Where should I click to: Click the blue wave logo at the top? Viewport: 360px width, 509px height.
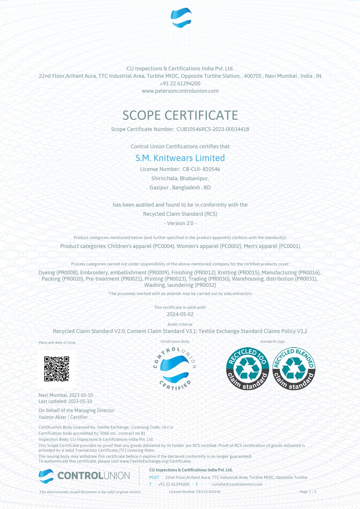[x=181, y=18]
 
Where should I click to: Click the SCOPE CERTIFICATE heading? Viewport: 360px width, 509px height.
[x=180, y=115]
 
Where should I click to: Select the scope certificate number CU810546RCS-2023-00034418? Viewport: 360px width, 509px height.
[x=212, y=129]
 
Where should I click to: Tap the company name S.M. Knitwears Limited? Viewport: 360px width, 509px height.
[x=180, y=158]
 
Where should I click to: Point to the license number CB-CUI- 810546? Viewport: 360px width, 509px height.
[x=201, y=169]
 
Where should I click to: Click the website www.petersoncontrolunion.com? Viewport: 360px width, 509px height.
[x=180, y=91]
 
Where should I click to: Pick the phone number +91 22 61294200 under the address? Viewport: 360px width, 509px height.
[x=180, y=83]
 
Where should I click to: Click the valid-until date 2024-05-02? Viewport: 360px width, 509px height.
[x=180, y=314]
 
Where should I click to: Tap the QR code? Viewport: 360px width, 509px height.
[x=57, y=369]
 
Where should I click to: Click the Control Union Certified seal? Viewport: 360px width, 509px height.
[x=175, y=369]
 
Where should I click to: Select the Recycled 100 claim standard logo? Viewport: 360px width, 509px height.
[x=247, y=369]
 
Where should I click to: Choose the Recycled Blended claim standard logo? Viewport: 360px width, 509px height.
[x=294, y=369]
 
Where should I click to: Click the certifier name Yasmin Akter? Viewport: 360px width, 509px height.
[x=53, y=417]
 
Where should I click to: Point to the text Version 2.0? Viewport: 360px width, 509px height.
[x=180, y=223]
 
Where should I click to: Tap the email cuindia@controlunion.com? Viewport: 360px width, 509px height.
[x=237, y=484]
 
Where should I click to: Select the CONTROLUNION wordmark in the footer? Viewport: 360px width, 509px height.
[x=93, y=476]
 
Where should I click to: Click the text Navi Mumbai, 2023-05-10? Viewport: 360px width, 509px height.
[x=65, y=395]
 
